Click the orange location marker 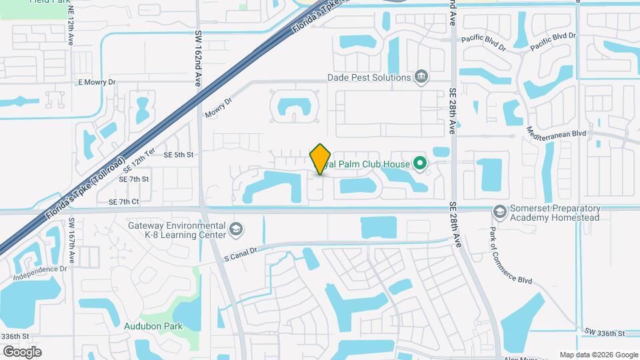point(321,159)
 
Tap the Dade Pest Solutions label point(369,77)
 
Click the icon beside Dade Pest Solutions point(421,77)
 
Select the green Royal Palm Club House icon point(419,163)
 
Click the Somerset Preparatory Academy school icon point(499,211)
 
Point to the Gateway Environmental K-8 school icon point(235,230)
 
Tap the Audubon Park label point(153,326)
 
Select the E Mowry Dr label point(97,83)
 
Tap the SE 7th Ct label point(123,201)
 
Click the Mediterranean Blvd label point(556,133)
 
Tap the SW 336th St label point(605,332)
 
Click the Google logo point(22,351)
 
